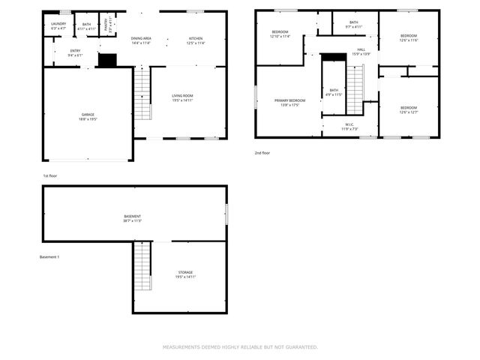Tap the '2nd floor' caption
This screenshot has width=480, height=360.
(262, 153)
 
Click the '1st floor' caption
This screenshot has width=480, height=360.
(50, 175)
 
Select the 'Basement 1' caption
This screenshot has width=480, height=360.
(49, 257)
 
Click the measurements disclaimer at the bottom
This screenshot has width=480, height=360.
(240, 347)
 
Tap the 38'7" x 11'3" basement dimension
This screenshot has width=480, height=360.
(132, 221)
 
